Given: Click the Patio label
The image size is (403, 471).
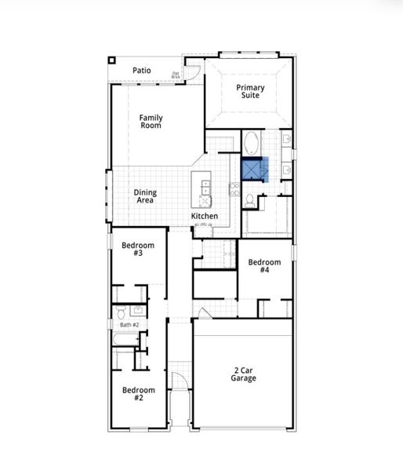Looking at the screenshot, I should pos(141,71).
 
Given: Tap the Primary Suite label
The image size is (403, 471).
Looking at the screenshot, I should pos(251,93).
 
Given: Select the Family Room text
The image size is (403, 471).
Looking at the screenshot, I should pos(151,122).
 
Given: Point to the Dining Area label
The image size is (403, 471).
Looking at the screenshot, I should pos(144,196).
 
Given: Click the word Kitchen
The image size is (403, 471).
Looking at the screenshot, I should pos(205,216).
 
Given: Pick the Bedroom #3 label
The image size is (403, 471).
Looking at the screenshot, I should pos(138,250).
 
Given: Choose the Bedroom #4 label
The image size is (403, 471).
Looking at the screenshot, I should pos(264,266).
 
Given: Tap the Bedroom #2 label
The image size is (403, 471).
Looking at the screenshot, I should pos(138,393).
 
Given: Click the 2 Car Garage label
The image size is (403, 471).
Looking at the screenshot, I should pos(243,374).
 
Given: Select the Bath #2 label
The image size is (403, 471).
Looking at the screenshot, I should pos(129,324).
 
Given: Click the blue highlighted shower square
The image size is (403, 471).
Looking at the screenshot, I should pos(254,170).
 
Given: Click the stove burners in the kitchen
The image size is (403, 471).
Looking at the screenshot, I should pos(234,188).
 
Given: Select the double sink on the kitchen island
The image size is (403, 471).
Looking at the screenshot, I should pos(206,187).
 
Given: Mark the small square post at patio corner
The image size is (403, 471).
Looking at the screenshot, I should pos(112,60).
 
